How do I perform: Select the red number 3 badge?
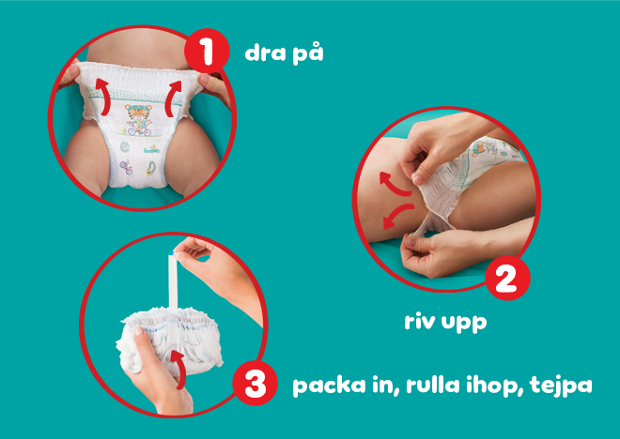256,385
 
